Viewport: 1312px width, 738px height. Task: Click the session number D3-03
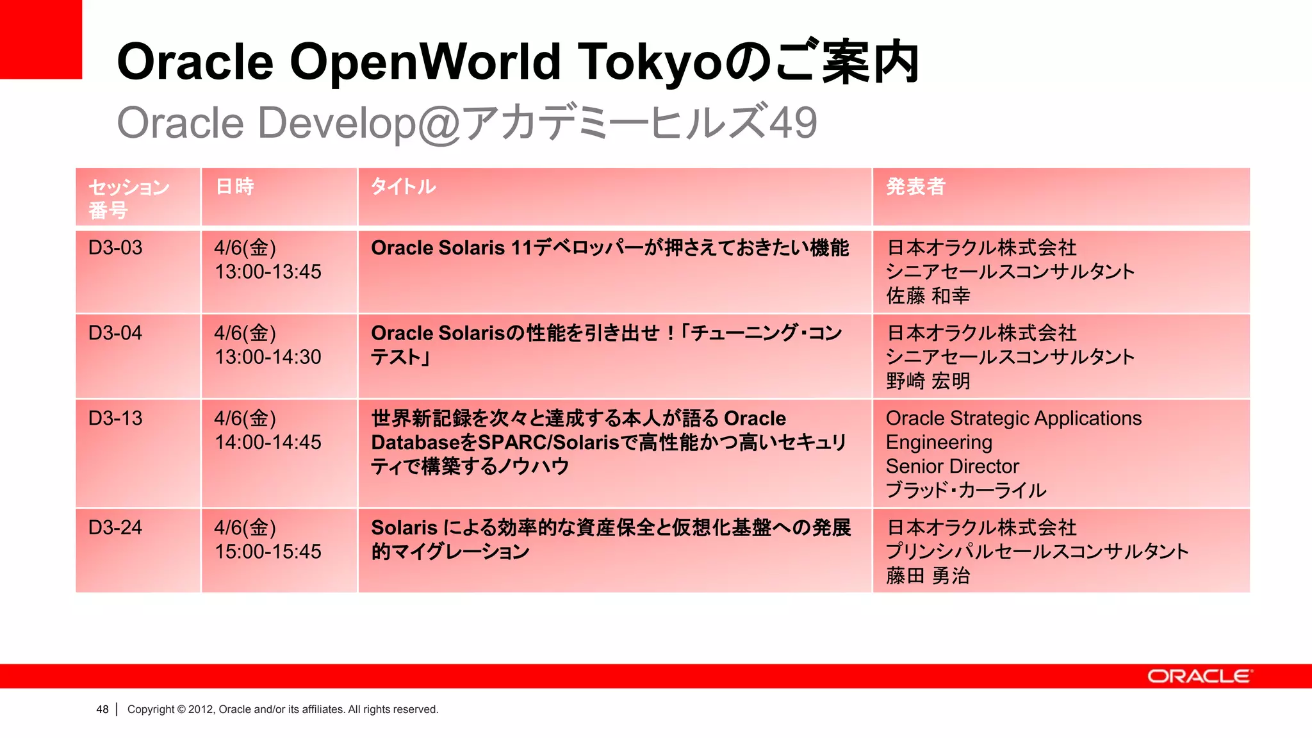115,248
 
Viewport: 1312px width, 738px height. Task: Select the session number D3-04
115,333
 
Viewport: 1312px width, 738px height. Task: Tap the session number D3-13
115,418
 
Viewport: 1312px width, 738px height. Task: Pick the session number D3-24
115,528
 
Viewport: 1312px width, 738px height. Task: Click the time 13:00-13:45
268,272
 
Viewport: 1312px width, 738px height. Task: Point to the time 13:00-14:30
268,357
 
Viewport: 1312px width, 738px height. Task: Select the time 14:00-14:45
268,442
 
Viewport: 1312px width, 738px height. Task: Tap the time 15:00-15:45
268,552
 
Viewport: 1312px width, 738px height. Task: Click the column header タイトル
404,186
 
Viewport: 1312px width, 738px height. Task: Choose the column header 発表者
915,186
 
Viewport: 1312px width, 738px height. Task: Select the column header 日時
234,186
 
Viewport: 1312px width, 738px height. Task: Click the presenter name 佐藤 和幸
928,296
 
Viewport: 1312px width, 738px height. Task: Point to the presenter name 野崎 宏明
928,381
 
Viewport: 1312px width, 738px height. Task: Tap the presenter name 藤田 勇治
928,576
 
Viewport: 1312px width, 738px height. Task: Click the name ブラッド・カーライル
965,491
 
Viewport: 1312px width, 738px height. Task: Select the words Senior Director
952,466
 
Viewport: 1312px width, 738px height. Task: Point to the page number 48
102,709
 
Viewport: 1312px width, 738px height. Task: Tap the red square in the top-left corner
41,39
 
